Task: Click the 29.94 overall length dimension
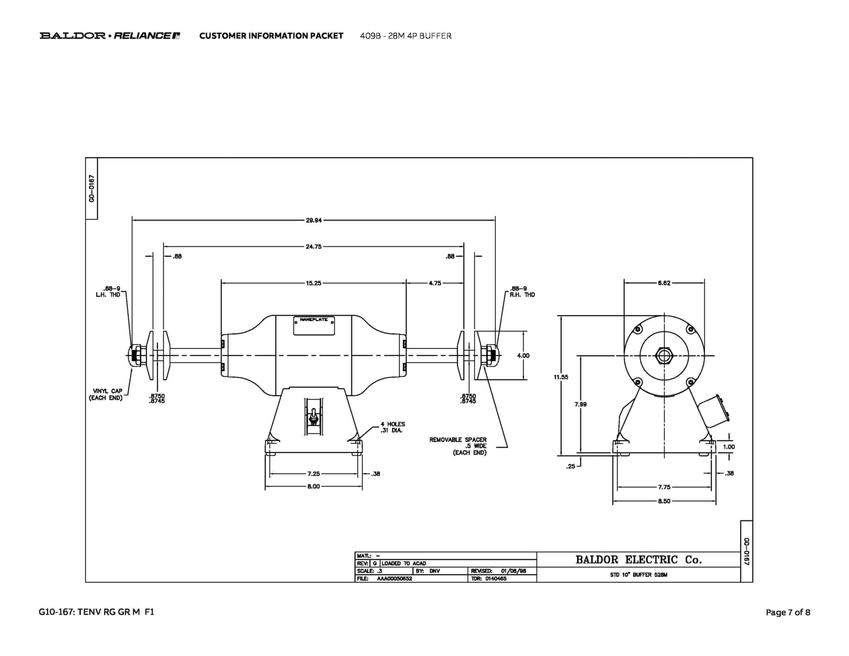pos(314,221)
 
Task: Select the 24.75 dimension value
pos(314,247)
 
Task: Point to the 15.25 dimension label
pos(314,283)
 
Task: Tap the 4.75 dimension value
pos(435,283)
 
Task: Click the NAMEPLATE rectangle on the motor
pos(314,326)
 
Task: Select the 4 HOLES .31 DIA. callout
pos(393,427)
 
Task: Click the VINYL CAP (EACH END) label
pos(106,394)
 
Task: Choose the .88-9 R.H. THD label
pos(522,292)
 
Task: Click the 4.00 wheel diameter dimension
pos(523,355)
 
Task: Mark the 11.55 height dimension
pos(561,377)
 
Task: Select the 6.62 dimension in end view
pos(664,283)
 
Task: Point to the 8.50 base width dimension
pos(664,501)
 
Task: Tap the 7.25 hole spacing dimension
pos(314,474)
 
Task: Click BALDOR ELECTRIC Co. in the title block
pos(638,560)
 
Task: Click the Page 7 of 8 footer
pos(788,612)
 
